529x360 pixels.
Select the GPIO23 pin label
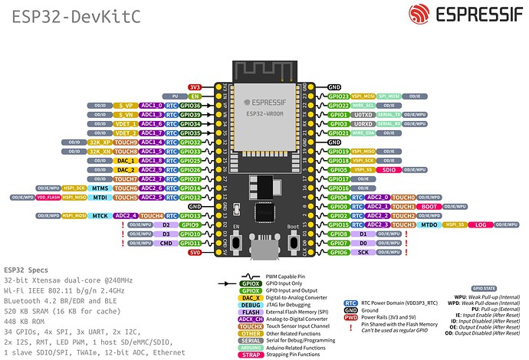(x=338, y=97)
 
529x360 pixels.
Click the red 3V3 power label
(x=195, y=88)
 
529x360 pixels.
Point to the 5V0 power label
(x=195, y=253)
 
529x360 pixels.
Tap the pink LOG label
(x=480, y=225)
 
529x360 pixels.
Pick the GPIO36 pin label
(x=189, y=106)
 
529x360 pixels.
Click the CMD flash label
(x=166, y=244)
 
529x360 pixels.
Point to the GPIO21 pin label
(x=338, y=133)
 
